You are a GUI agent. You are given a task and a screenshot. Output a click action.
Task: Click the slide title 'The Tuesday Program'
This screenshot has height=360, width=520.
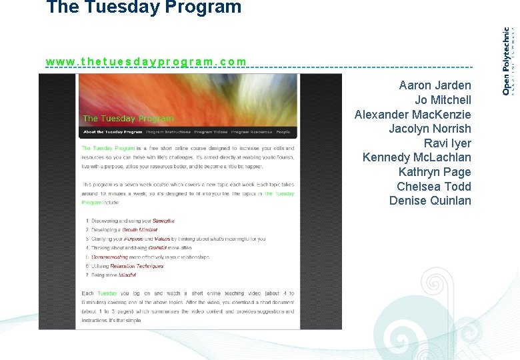click(x=143, y=8)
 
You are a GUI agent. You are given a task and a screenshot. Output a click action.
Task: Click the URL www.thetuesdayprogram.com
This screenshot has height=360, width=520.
click(x=146, y=61)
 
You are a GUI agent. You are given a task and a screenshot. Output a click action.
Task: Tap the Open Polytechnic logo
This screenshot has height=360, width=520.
click(x=507, y=61)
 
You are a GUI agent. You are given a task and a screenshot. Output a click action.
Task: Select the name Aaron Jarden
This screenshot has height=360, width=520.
click(x=435, y=85)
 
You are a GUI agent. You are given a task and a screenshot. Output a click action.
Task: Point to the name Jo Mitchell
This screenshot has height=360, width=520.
click(x=443, y=100)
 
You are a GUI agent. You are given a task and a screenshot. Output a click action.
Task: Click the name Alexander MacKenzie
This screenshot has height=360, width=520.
click(x=413, y=115)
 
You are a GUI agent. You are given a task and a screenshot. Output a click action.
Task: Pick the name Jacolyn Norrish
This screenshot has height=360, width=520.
click(x=429, y=129)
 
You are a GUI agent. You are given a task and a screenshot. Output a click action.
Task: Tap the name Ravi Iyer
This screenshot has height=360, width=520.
click(x=447, y=143)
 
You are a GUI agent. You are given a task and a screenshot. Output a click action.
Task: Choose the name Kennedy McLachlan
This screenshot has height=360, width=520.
click(x=417, y=157)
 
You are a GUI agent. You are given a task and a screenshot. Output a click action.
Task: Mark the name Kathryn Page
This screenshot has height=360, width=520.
click(x=435, y=172)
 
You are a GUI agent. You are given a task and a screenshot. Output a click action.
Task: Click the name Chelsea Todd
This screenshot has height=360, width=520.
click(x=433, y=187)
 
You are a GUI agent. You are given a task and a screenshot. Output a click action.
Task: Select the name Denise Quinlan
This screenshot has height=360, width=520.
click(x=430, y=201)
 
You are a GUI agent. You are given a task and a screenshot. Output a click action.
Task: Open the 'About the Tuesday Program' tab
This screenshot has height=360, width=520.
click(x=112, y=132)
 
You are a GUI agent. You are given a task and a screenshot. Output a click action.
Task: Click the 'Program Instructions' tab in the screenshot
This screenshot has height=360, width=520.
click(x=168, y=132)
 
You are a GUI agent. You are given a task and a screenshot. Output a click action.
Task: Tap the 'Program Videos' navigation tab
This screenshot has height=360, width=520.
click(x=212, y=132)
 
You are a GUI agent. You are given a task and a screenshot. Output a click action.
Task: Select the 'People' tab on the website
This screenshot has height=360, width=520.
click(x=283, y=132)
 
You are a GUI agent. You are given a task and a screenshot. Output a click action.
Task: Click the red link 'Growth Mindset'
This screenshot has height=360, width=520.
click(x=139, y=229)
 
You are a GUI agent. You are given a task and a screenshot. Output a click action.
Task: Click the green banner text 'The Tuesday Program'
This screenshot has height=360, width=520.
click(x=127, y=119)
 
